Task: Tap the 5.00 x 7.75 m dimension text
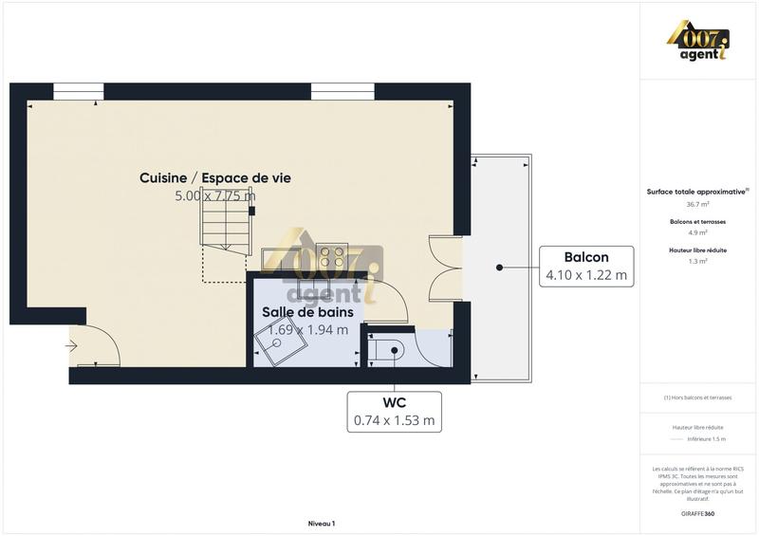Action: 215,196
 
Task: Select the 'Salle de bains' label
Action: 308,311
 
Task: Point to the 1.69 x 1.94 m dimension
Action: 308,329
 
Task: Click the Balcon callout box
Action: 585,267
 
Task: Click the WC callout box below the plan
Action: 394,410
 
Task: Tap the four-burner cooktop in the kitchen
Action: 333,256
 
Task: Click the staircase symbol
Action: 226,233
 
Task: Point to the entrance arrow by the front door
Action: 71,346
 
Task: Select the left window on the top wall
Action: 78,91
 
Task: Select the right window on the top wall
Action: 336,91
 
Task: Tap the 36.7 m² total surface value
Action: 698,204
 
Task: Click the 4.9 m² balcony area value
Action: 698,232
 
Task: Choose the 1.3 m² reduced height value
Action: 698,261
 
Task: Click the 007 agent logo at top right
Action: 697,43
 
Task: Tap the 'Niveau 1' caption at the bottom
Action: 322,523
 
